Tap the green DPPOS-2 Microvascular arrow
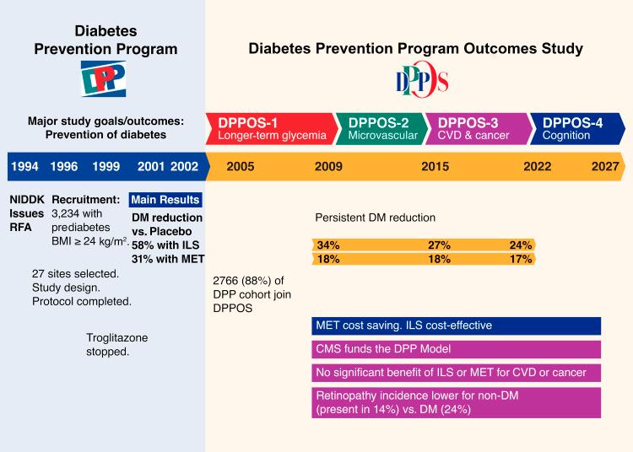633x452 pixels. tap(382, 129)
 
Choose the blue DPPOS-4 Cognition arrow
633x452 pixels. tap(576, 129)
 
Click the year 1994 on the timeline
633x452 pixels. tap(24, 167)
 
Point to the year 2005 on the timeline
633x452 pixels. tap(241, 167)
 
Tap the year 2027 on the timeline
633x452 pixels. tap(604, 167)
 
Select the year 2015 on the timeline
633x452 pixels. tap(436, 167)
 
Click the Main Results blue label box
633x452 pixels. tap(165, 200)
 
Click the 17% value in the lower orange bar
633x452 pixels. tap(520, 260)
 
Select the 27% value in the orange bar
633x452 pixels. tap(439, 245)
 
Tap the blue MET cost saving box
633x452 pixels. tap(456, 326)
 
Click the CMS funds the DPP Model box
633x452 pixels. tap(456, 349)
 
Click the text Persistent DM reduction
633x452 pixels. tap(375, 217)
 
